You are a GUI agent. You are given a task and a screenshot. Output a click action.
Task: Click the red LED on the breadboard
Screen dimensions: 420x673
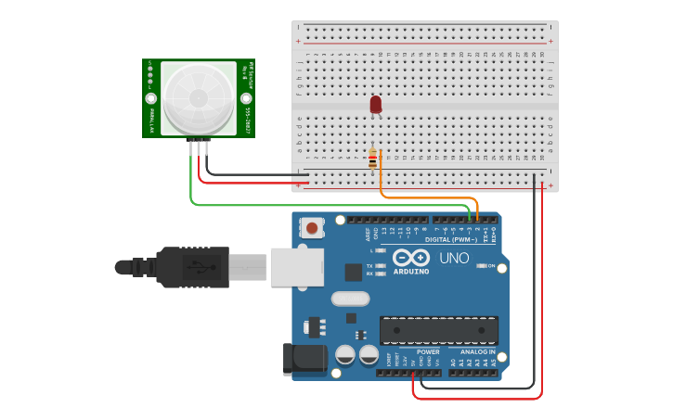click(x=375, y=105)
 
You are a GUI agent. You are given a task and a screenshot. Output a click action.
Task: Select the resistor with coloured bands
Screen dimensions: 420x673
click(x=373, y=160)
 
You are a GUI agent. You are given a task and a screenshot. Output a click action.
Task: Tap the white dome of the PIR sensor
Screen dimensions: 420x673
click(x=199, y=97)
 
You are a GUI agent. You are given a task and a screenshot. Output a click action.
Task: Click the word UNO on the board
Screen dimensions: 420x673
click(x=454, y=258)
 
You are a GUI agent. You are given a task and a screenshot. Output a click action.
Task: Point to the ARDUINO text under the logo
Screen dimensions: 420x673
click(x=410, y=271)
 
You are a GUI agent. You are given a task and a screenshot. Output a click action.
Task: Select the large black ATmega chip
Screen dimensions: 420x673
click(x=438, y=330)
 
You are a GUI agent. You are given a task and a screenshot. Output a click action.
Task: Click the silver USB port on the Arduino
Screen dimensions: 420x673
click(x=296, y=266)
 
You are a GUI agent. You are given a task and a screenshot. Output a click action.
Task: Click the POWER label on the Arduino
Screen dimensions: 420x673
click(x=428, y=352)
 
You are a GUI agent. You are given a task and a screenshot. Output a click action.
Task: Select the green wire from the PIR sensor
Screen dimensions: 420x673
click(x=278, y=205)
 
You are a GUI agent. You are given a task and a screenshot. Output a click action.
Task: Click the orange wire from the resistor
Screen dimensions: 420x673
click(x=427, y=197)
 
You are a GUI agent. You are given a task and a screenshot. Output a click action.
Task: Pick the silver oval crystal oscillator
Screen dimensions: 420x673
click(x=350, y=299)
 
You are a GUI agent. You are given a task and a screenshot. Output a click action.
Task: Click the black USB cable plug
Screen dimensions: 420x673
click(x=190, y=267)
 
